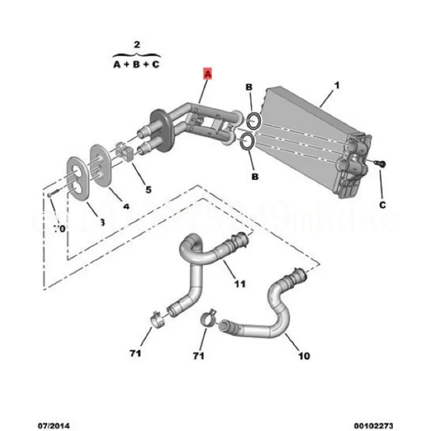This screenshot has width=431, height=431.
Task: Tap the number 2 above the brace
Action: pyautogui.click(x=136, y=44)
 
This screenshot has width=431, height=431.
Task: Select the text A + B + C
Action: pyautogui.click(x=136, y=65)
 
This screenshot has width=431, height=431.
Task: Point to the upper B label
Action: pyautogui.click(x=249, y=87)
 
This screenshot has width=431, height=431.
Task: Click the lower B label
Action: pyautogui.click(x=254, y=176)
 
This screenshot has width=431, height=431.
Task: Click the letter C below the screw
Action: pyautogui.click(x=383, y=205)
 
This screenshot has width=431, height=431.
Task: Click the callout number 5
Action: pyautogui.click(x=148, y=189)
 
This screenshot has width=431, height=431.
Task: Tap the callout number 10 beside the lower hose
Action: pyautogui.click(x=304, y=356)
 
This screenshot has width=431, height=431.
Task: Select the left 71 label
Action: pyautogui.click(x=135, y=353)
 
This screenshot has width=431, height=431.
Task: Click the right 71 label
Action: pyautogui.click(x=199, y=356)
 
